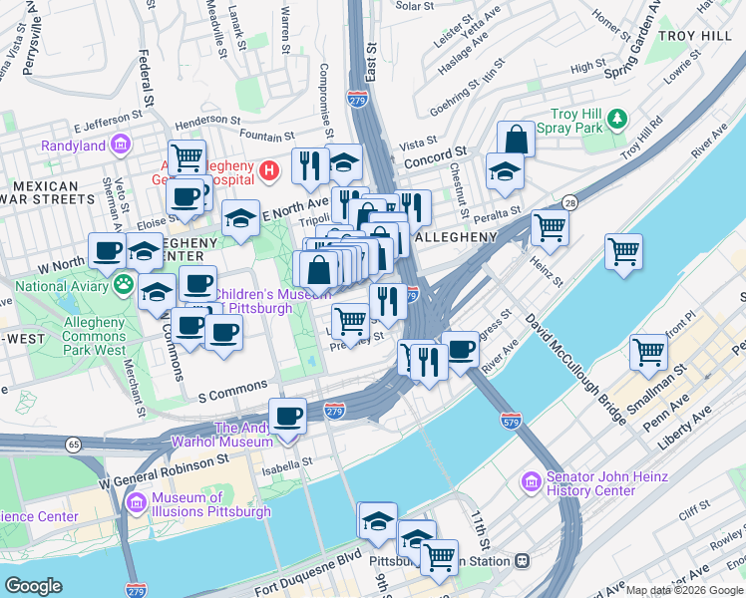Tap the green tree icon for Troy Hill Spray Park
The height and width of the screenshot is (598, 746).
[617, 121]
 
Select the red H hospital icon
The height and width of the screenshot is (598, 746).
[267, 171]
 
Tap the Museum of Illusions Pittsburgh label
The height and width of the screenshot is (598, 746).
[210, 505]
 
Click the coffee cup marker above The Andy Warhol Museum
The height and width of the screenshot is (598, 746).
[288, 416]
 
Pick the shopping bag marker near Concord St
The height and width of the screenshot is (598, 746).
[516, 140]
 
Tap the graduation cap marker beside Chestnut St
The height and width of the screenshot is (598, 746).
[505, 171]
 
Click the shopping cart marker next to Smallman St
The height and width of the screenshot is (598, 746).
[648, 352]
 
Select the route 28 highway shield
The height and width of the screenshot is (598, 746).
[567, 201]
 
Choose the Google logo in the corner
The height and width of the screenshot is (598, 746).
[33, 586]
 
